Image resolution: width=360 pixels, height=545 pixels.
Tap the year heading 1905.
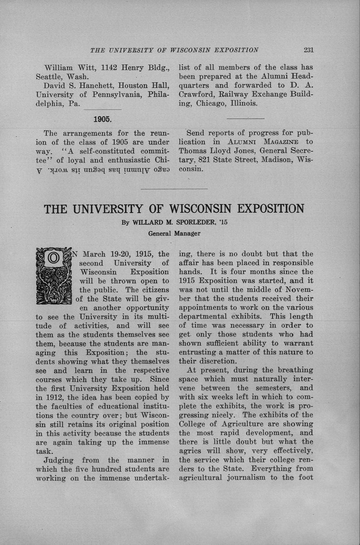pos(103,119)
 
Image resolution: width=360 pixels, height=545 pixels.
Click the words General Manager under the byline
pos(174,233)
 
